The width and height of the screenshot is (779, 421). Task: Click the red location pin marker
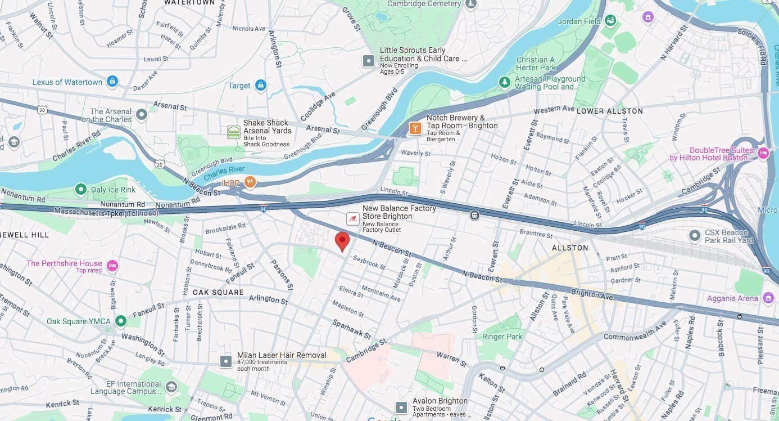(x=342, y=241)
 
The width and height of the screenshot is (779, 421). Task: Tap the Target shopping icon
(x=260, y=86)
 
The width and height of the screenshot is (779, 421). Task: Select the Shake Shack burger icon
(x=234, y=132)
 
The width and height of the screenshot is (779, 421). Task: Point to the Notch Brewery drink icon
(x=415, y=128)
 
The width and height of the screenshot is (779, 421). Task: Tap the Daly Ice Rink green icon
(x=81, y=190)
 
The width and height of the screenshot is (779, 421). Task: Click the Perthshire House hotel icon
(x=112, y=266)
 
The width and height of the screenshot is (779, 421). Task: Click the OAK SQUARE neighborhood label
(x=218, y=292)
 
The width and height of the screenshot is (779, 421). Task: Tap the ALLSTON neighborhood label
(x=570, y=248)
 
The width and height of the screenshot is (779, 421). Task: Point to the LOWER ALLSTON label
(x=610, y=111)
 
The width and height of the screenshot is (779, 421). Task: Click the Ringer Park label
(x=502, y=337)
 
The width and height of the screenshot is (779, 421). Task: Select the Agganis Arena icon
(x=768, y=298)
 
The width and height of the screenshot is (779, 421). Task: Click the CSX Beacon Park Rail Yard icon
(x=695, y=235)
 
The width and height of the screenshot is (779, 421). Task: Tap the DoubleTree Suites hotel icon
(x=763, y=153)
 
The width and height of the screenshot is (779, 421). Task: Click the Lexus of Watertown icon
(x=112, y=82)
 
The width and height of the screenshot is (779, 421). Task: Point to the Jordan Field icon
(x=610, y=21)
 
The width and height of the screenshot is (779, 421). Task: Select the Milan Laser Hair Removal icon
(x=226, y=361)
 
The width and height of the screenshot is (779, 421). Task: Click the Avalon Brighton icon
(x=401, y=407)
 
